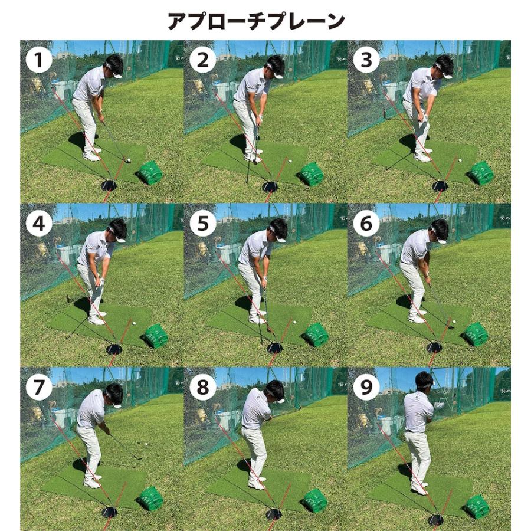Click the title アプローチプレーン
256,22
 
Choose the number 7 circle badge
40,387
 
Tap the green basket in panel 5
317,335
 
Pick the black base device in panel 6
435,348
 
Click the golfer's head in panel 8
274,391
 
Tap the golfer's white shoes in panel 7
92,481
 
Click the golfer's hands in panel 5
263,281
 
